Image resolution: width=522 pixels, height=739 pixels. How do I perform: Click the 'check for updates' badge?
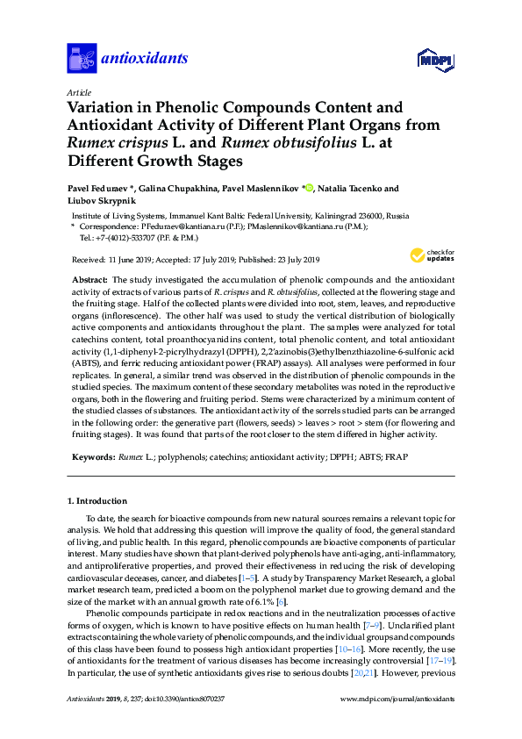[x=432, y=256]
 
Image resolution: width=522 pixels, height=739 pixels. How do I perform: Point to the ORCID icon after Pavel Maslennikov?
[x=309, y=188]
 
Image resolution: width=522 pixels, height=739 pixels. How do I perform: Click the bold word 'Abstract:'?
[x=90, y=278]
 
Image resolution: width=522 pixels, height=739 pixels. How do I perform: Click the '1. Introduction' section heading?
[x=97, y=501]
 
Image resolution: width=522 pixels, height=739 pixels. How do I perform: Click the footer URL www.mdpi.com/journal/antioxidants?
[x=394, y=699]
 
